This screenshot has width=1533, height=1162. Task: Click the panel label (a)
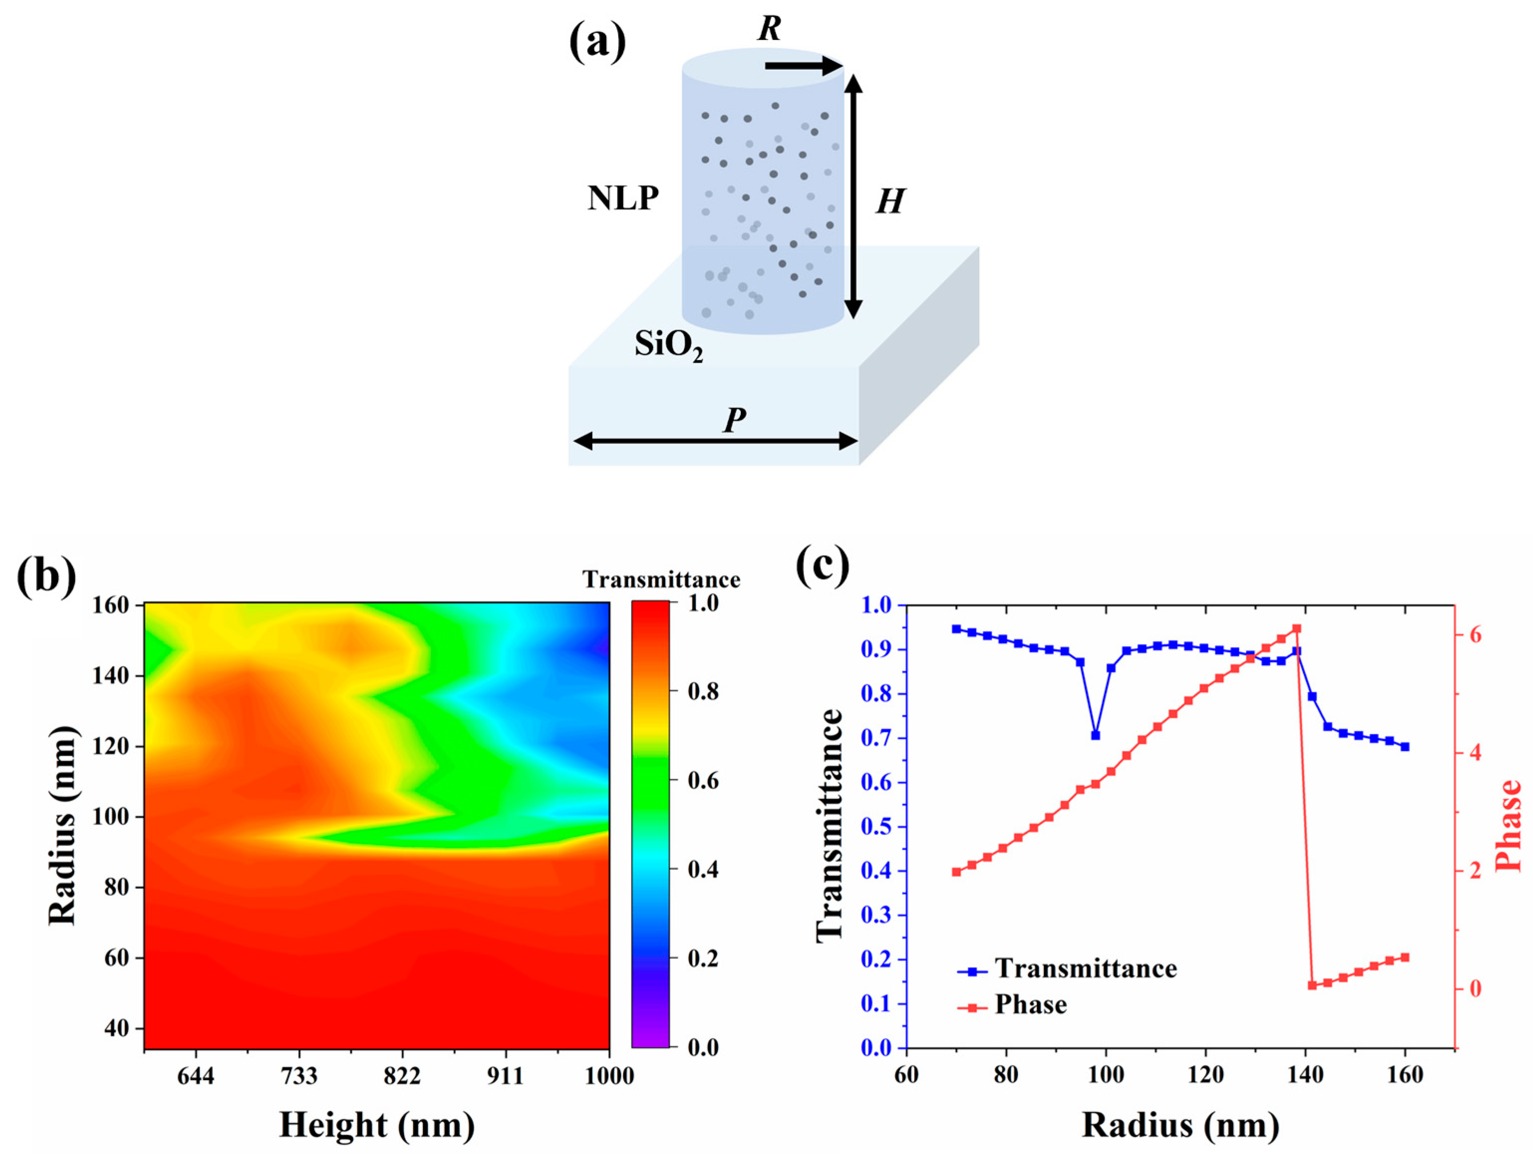click(x=597, y=41)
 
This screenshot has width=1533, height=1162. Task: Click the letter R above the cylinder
click(x=769, y=28)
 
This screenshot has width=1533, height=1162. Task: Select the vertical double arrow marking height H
click(x=854, y=196)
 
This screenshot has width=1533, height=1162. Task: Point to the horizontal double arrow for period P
click(x=715, y=441)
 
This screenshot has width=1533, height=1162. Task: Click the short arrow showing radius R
click(x=803, y=67)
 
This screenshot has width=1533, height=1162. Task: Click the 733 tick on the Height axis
click(x=299, y=1076)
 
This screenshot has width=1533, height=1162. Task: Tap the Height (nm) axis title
click(x=377, y=1125)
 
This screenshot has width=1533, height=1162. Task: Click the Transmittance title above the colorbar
click(x=661, y=580)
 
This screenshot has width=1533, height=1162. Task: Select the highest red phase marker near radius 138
click(x=1296, y=629)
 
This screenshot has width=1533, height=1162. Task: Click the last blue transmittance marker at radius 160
click(x=1405, y=747)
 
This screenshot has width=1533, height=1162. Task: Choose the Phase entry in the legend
click(x=1030, y=1004)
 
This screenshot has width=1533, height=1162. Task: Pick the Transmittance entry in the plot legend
click(x=1085, y=969)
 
